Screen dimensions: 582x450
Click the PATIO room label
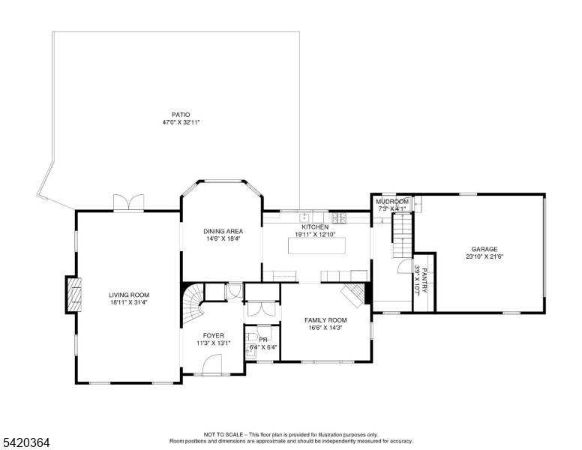point(181,115)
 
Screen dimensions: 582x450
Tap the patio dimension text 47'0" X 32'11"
point(181,122)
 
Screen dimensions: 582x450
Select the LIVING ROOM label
point(129,295)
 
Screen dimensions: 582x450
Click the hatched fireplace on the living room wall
point(73,295)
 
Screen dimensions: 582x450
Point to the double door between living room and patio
point(128,202)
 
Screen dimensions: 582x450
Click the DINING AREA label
point(223,231)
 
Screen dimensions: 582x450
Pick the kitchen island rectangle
point(317,245)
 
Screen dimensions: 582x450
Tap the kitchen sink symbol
point(306,216)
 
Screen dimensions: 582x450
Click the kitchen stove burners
point(338,217)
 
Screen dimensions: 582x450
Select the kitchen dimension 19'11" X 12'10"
point(315,234)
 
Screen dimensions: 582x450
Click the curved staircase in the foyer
point(193,302)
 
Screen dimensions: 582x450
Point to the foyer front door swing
point(212,364)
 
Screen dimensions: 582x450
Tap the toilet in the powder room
point(251,337)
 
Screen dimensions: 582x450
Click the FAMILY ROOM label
point(326,320)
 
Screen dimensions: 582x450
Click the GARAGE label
point(484,249)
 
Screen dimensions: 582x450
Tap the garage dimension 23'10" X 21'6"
point(484,256)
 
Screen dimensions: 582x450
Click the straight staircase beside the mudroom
point(403,235)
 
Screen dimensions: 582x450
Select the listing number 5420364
point(26,442)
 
